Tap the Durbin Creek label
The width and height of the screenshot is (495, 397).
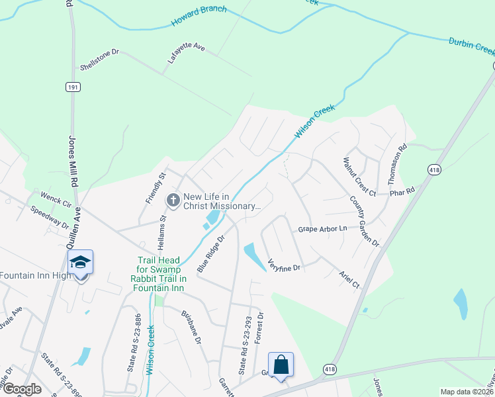(x=471, y=44)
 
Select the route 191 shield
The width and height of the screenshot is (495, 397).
(x=71, y=87)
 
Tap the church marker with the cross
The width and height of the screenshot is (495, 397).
(x=173, y=200)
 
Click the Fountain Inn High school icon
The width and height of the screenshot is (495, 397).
(x=80, y=263)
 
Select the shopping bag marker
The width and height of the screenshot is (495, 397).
(x=281, y=365)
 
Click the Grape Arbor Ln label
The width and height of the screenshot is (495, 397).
(x=322, y=228)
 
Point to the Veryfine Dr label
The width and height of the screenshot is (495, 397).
(x=285, y=265)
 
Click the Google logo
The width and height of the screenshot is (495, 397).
(x=21, y=389)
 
